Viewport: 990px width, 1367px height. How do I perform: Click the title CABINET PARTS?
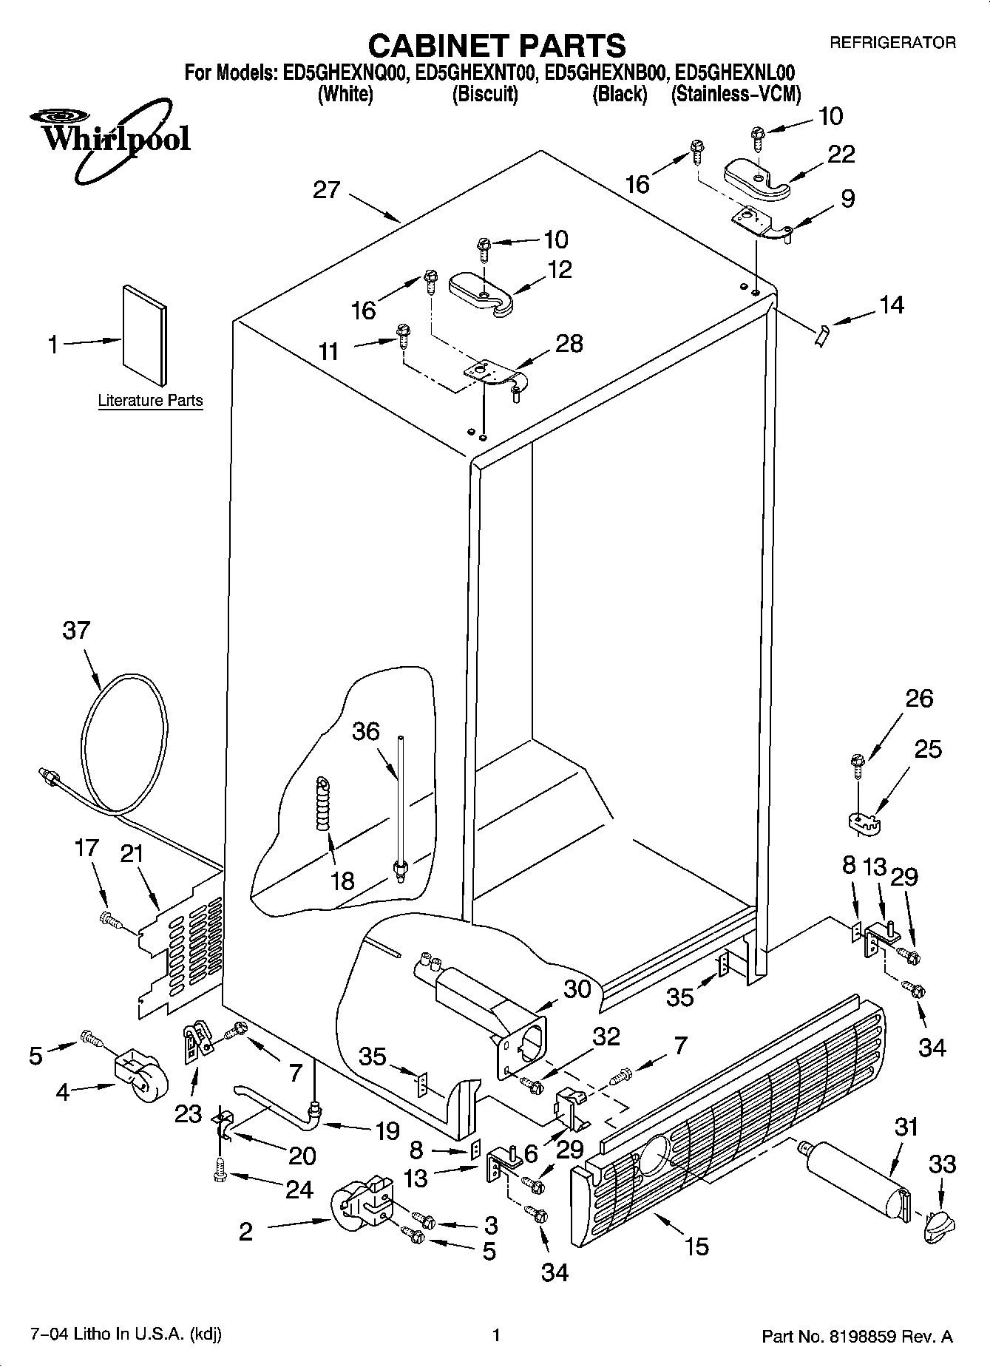click(496, 46)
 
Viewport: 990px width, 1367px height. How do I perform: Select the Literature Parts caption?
click(150, 401)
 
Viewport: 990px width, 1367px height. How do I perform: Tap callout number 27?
click(326, 190)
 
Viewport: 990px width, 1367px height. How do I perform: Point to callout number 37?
click(76, 631)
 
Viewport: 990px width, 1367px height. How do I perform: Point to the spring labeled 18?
click(323, 804)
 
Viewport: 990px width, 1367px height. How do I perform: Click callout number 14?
click(892, 305)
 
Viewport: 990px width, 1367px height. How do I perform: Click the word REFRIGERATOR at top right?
click(892, 43)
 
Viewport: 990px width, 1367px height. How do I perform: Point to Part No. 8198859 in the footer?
click(857, 1336)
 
